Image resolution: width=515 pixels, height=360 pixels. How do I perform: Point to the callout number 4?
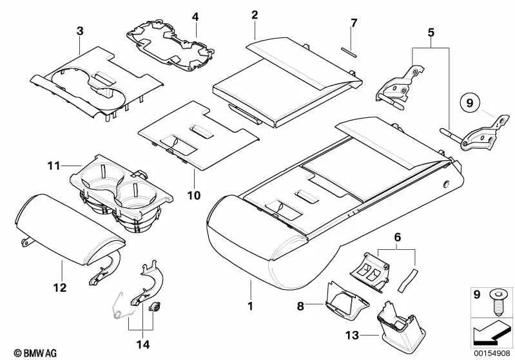pyautogui.click(x=195, y=15)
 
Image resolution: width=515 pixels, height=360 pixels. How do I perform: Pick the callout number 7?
pyautogui.click(x=353, y=24)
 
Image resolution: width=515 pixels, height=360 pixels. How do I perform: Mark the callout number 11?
pyautogui.click(x=53, y=166)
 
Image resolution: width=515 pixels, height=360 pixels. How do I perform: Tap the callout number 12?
pyautogui.click(x=59, y=289)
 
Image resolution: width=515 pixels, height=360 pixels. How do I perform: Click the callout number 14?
pyautogui.click(x=142, y=345)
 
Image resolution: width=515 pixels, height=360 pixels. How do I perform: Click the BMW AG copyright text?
pyautogui.click(x=29, y=352)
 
